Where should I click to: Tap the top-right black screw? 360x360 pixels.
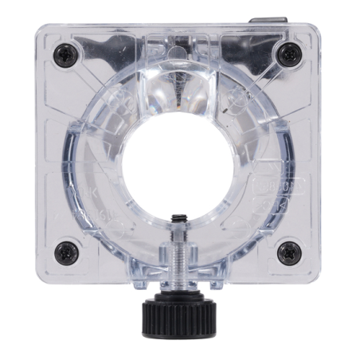pos(289,54)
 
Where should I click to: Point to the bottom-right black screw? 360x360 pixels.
pos(288,253)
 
